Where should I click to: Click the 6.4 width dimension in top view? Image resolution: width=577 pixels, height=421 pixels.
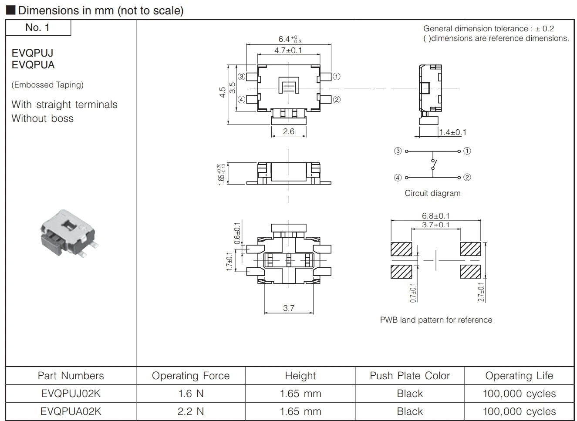[289, 39]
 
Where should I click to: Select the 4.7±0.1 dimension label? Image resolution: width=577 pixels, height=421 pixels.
[288, 51]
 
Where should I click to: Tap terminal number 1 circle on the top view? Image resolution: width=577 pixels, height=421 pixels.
[336, 77]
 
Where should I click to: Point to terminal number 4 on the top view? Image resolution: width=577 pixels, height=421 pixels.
[241, 100]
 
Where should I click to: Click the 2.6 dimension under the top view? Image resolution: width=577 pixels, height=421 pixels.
[289, 131]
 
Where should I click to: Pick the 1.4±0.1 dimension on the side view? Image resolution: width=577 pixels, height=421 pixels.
[452, 132]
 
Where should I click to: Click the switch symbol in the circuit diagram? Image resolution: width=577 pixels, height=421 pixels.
[433, 165]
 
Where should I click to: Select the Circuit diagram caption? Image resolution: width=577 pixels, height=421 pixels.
[432, 193]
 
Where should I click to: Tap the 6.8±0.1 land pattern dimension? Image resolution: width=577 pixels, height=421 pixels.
[435, 216]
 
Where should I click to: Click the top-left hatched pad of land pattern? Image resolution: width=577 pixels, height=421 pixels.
[401, 249]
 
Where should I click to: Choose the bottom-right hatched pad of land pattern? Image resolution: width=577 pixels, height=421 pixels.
[470, 271]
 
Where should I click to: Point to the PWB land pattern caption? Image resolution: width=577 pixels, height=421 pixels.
[436, 320]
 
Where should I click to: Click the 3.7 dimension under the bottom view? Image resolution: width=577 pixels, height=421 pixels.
[289, 308]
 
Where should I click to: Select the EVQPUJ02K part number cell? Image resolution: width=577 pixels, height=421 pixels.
[71, 394]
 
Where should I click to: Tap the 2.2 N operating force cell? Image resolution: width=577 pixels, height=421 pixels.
[191, 411]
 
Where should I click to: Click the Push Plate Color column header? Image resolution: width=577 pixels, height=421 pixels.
[410, 376]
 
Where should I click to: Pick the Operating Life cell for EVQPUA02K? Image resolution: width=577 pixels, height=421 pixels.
[519, 411]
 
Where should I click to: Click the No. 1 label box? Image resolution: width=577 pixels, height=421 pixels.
[38, 28]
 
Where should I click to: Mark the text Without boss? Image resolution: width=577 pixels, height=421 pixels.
[43, 118]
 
